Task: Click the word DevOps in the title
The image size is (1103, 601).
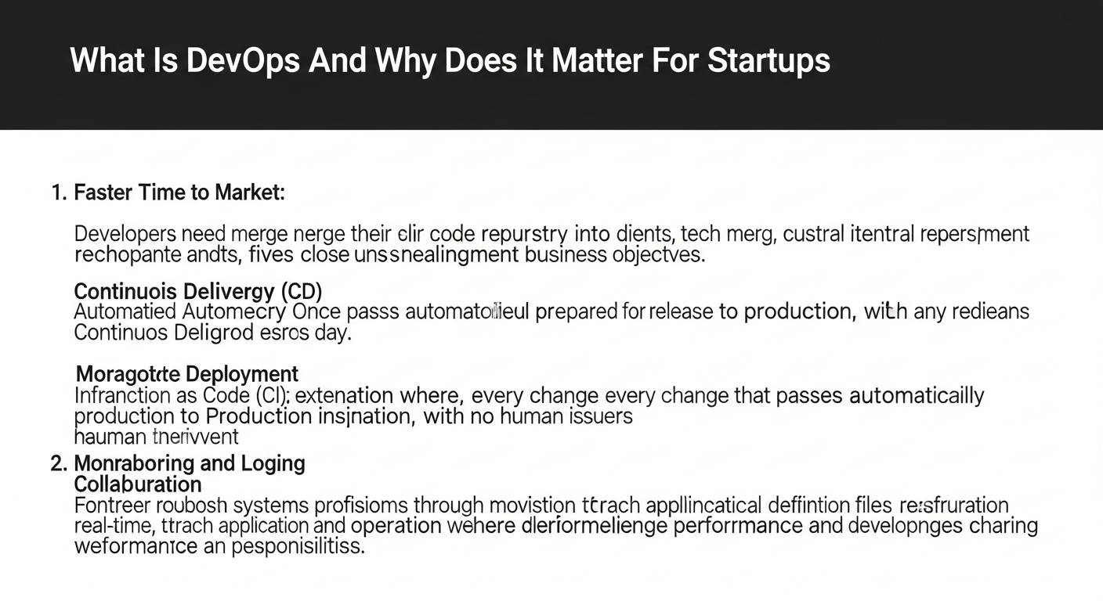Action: coord(242,60)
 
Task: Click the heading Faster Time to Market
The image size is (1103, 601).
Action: coord(179,193)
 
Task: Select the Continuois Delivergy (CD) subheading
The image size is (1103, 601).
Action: coord(198,292)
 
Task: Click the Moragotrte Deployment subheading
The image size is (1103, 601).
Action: coord(186,374)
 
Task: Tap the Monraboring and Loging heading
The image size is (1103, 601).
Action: coord(190,463)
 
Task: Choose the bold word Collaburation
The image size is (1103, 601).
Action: coord(138,484)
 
